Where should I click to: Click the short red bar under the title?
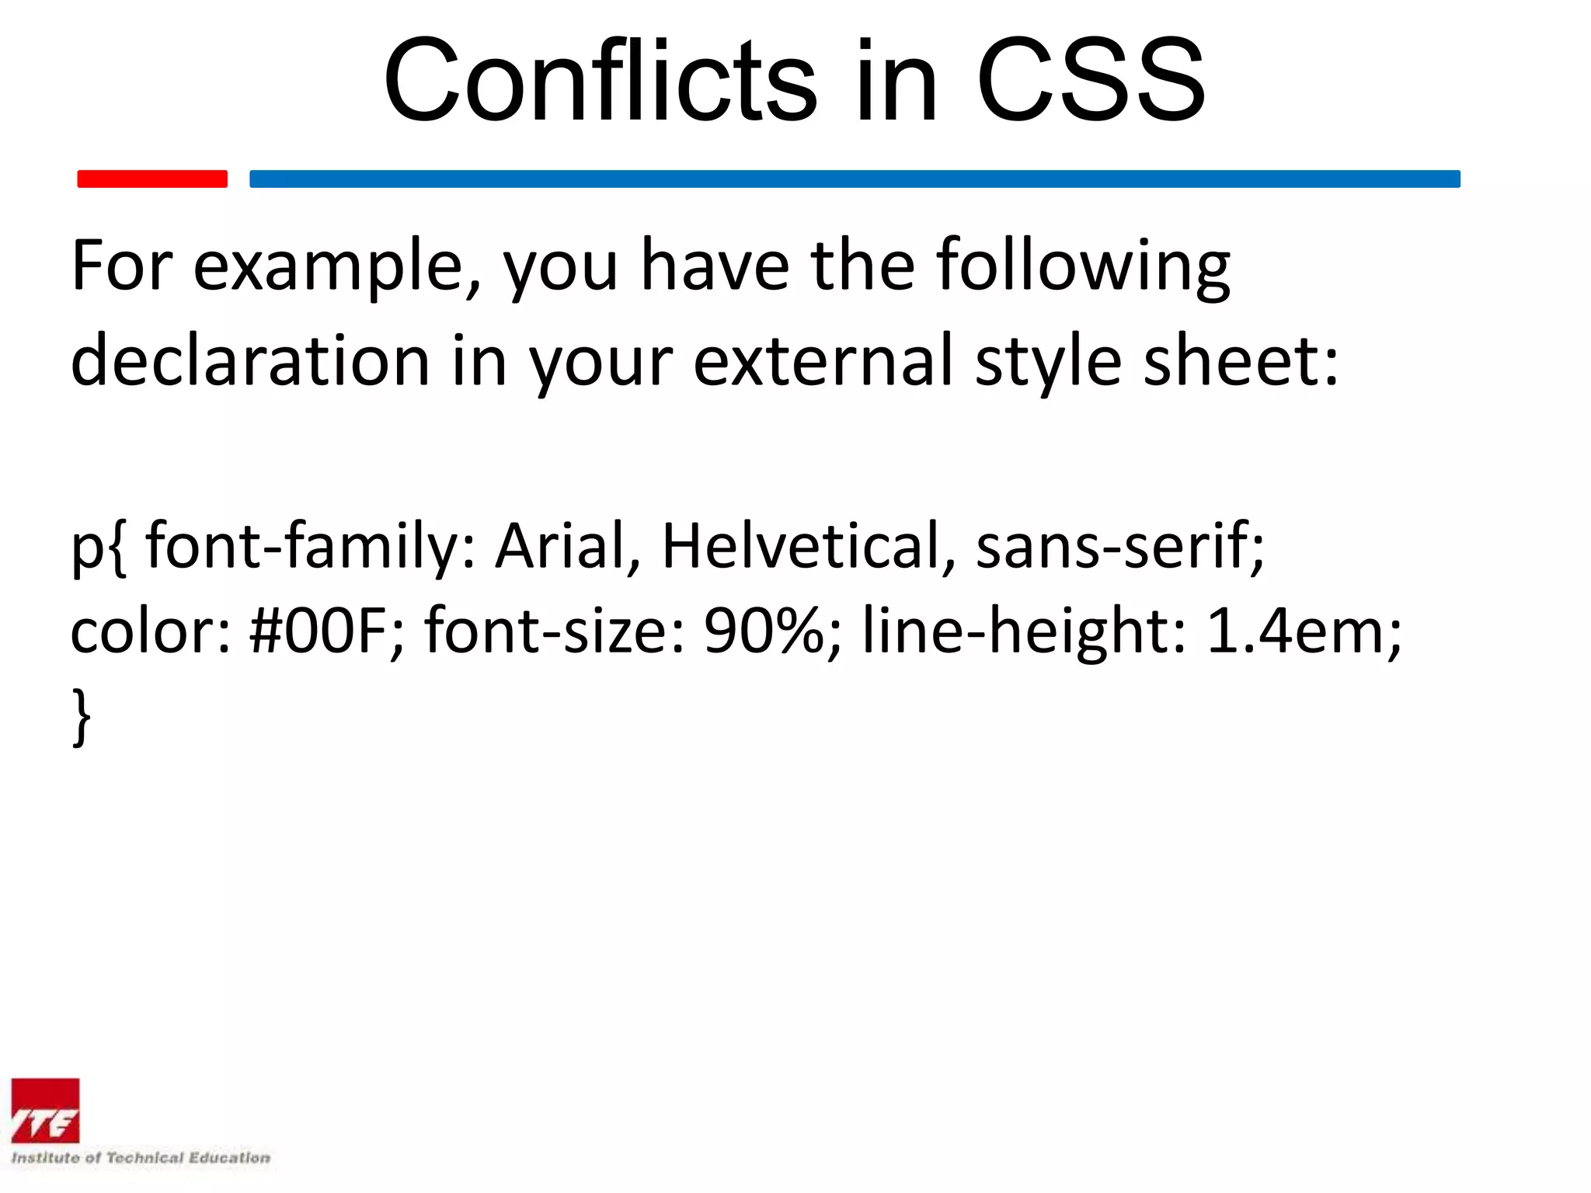pyautogui.click(x=152, y=179)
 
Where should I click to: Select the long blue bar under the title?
pyautogui.click(x=855, y=179)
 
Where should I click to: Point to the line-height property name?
pyautogui.click(x=1024, y=631)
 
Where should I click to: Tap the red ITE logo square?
pyautogui.click(x=45, y=1111)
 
